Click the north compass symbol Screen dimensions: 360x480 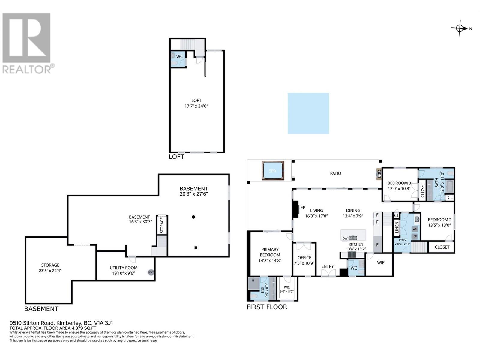click(x=460, y=28)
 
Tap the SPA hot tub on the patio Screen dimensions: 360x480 click(x=273, y=171)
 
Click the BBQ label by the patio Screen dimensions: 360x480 click(x=379, y=174)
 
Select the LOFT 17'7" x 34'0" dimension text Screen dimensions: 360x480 click(x=196, y=106)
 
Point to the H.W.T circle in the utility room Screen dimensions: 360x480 click(x=151, y=272)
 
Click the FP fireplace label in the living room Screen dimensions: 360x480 click(x=303, y=208)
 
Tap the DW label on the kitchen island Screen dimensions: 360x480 click(x=345, y=238)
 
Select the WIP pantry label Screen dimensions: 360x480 click(x=381, y=262)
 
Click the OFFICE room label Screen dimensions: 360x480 click(x=304, y=258)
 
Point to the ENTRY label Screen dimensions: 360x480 click(x=327, y=266)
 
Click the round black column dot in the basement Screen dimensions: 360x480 click(x=193, y=217)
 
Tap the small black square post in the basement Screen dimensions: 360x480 click(x=196, y=247)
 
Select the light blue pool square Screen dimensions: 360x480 click(x=308, y=113)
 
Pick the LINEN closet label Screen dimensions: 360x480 click(x=397, y=227)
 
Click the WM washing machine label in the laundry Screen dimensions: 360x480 click(x=415, y=229)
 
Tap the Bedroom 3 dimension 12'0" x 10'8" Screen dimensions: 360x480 click(x=399, y=189)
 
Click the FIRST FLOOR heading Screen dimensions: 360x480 click(x=267, y=307)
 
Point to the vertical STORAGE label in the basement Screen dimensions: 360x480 click(x=162, y=225)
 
